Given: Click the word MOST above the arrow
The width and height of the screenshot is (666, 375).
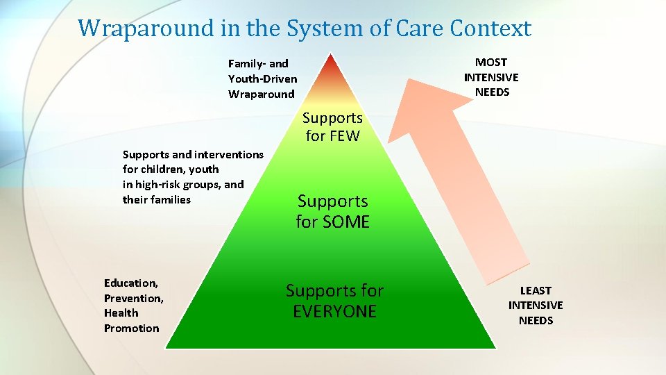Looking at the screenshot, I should (x=491, y=62).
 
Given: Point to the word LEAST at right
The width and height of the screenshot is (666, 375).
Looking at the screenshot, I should (x=536, y=290).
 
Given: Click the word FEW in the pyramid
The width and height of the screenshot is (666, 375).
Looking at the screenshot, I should (x=345, y=136).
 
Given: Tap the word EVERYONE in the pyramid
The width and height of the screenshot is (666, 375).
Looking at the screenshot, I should (x=334, y=312).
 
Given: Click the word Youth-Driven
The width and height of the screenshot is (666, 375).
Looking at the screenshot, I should (x=262, y=78).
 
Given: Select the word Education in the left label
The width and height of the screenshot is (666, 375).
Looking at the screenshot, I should (x=130, y=283).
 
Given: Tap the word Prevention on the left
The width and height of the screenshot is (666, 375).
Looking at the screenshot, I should (x=133, y=298).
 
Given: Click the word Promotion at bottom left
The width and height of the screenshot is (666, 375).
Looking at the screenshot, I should (x=131, y=328).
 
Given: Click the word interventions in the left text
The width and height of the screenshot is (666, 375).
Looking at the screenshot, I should (x=229, y=154).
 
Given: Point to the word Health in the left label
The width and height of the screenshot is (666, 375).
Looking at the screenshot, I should (x=121, y=312).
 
